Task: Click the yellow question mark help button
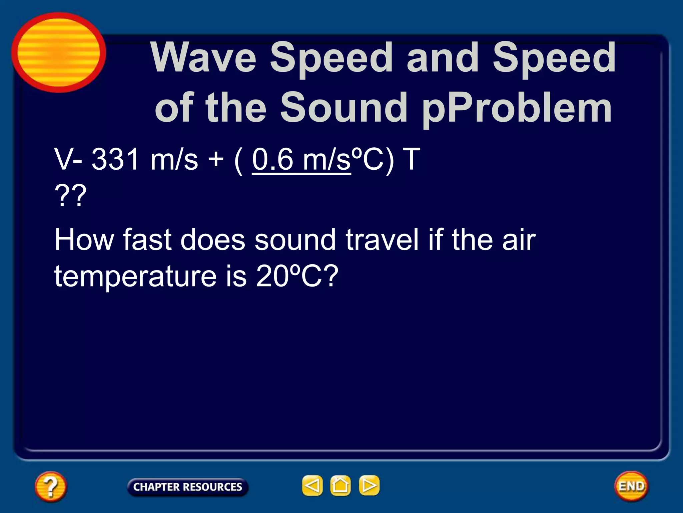(x=51, y=486)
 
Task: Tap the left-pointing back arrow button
(x=312, y=485)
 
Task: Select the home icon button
(x=340, y=485)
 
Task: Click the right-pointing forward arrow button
(x=369, y=485)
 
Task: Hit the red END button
(x=631, y=486)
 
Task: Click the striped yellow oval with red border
(x=59, y=52)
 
